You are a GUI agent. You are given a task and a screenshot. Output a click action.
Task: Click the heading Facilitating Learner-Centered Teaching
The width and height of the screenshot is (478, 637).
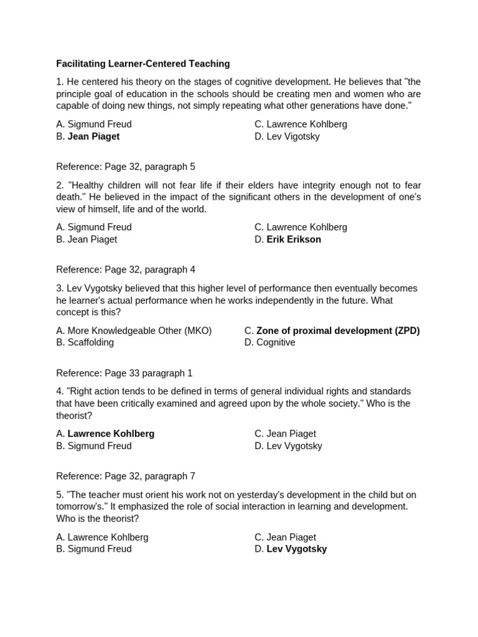tap(143, 63)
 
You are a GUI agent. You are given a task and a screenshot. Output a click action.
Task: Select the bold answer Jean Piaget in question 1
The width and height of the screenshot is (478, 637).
tap(93, 136)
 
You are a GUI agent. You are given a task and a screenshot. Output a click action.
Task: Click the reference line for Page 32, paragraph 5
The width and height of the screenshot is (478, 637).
tap(125, 167)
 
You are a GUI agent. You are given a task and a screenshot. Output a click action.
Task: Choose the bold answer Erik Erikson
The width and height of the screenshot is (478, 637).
tap(294, 239)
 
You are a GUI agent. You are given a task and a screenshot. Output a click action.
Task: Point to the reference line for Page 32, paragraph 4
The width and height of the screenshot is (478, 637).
tap(125, 270)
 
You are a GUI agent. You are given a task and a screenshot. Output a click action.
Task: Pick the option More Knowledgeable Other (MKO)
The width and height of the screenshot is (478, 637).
tap(139, 330)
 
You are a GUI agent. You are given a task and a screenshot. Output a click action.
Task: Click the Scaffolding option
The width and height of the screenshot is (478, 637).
tap(90, 343)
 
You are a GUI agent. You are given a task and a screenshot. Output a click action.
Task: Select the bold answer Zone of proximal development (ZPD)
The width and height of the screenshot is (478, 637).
tap(338, 330)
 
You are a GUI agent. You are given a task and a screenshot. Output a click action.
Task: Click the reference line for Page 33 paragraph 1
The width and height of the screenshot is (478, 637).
tap(124, 373)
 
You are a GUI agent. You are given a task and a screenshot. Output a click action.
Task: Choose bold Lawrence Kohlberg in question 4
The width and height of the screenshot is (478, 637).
tap(111, 434)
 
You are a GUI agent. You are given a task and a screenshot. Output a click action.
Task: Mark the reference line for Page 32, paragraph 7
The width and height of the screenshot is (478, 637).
tap(125, 477)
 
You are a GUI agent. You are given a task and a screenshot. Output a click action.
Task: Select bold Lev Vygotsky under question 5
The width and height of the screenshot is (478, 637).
tap(296, 549)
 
